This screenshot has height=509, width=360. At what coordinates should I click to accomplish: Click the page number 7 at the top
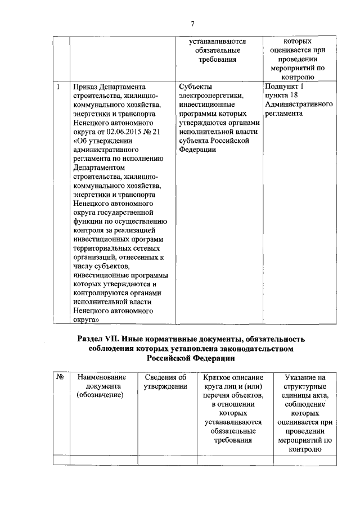tap(192, 23)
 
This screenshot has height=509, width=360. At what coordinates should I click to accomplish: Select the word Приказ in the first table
tap(85, 87)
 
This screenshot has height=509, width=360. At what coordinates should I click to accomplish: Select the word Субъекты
tap(196, 87)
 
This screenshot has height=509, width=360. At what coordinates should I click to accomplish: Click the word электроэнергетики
tap(211, 96)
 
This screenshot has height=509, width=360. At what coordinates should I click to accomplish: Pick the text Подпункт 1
tap(283, 87)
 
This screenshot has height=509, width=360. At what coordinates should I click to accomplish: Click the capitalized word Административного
tap(298, 105)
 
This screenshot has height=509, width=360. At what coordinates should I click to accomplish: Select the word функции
tap(87, 221)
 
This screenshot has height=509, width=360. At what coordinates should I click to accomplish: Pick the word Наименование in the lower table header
tap(102, 377)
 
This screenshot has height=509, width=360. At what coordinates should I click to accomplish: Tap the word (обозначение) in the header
tap(102, 395)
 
